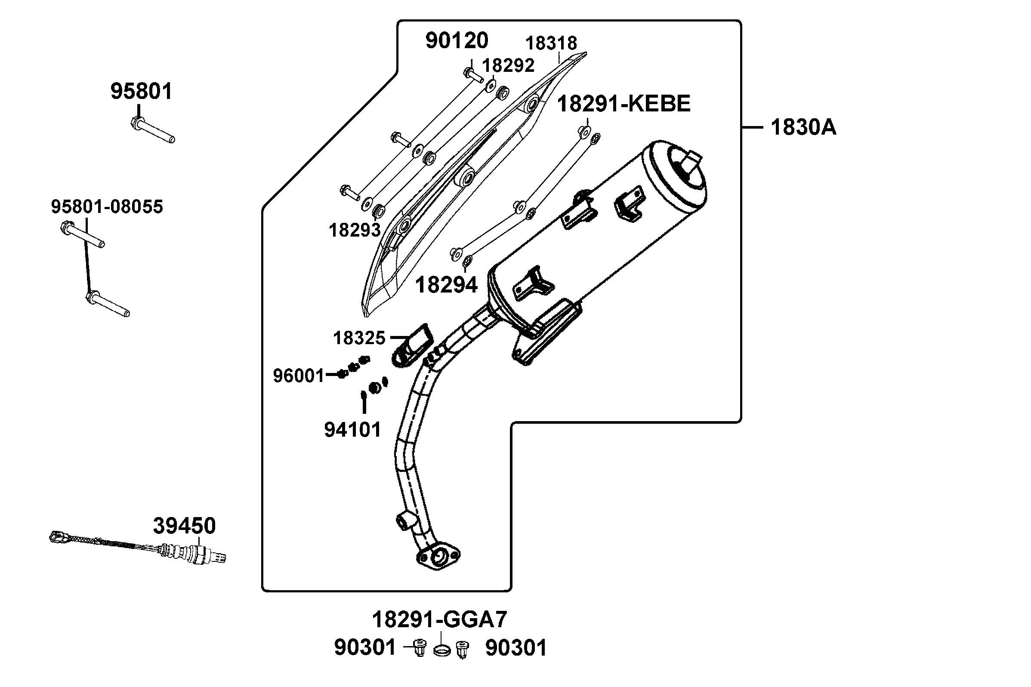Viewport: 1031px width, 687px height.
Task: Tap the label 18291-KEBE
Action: pos(624,104)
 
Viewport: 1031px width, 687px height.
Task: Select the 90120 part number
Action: pos(457,41)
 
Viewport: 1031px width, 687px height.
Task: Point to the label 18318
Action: pos(551,43)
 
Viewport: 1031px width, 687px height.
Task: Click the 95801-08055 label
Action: pos(107,206)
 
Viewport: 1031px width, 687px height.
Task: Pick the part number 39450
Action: pos(184,526)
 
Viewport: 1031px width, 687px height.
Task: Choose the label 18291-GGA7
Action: pos(439,619)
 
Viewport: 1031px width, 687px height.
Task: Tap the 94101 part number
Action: pos(353,429)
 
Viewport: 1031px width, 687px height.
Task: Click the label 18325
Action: pos(359,338)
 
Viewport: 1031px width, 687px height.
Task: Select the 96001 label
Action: pos(298,376)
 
